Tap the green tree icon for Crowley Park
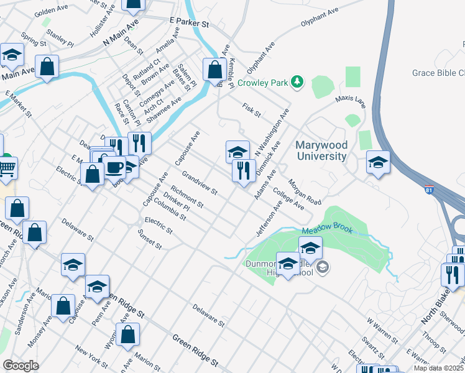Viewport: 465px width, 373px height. pyautogui.click(x=298, y=81)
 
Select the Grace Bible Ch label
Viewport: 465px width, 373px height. pyautogui.click(x=438, y=73)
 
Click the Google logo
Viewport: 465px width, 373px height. pyautogui.click(x=21, y=365)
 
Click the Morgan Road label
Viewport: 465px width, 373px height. pyautogui.click(x=305, y=194)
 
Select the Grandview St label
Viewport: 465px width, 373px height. pyautogui.click(x=199, y=183)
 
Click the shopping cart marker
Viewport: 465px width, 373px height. pyautogui.click(x=7, y=167)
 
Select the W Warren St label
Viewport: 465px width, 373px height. pyautogui.click(x=382, y=331)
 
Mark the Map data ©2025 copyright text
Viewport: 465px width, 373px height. pyautogui.click(x=439, y=368)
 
